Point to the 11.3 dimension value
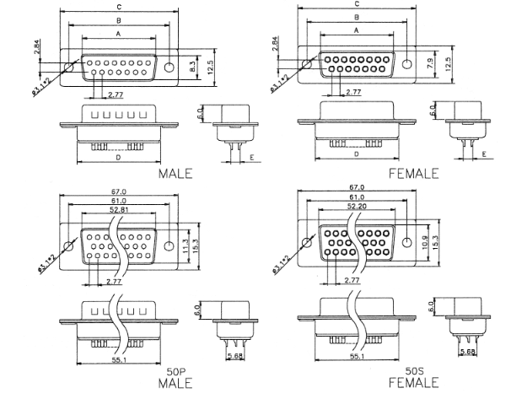click(185, 245)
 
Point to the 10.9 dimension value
click(424, 244)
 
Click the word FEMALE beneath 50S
click(413, 384)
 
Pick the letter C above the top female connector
click(358, 4)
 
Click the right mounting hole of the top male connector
click(169, 66)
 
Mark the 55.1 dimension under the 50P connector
click(118, 358)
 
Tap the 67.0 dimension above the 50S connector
click(358, 187)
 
